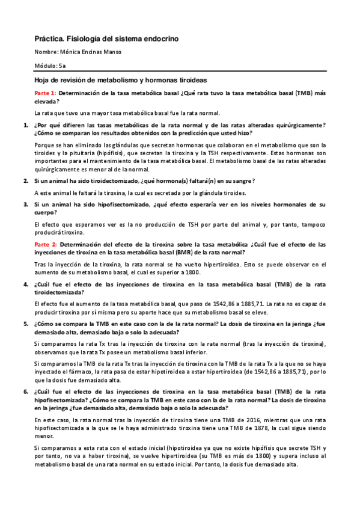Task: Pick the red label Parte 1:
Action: (46, 93)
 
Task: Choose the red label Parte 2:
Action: (46, 244)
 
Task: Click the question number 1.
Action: (25, 125)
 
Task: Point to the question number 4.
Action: (25, 283)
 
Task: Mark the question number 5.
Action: (25, 324)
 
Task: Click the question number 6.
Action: (25, 392)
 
